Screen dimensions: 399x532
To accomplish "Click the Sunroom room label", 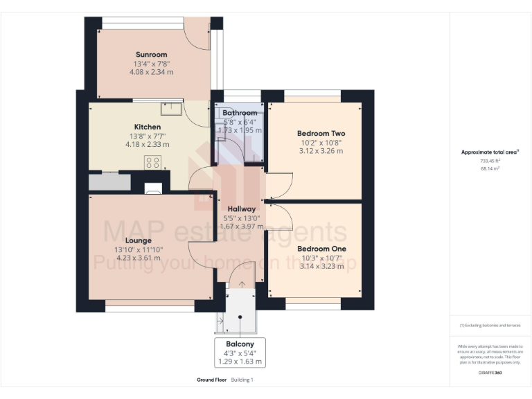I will pyautogui.click(x=151, y=55).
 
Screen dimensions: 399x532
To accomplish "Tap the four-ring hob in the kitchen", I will pyautogui.click(x=152, y=163).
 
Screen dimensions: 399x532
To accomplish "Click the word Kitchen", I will pyautogui.click(x=148, y=127).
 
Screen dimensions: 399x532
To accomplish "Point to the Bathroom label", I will pyautogui.click(x=240, y=113).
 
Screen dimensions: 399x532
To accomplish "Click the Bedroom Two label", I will pyautogui.click(x=321, y=133).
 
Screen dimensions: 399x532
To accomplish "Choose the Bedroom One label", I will pyautogui.click(x=321, y=248).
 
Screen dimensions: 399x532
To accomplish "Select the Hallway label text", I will pyautogui.click(x=241, y=209).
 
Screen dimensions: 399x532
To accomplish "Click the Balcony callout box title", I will pyautogui.click(x=240, y=344).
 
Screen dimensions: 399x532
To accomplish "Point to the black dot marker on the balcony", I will pyautogui.click(x=240, y=317).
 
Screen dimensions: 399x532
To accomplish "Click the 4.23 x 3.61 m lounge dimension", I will pyautogui.click(x=139, y=258).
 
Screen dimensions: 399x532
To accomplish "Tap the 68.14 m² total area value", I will pyautogui.click(x=490, y=167).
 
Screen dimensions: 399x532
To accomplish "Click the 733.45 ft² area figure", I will pyautogui.click(x=490, y=160).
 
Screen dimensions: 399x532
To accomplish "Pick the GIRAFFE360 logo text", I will pyautogui.click(x=490, y=373).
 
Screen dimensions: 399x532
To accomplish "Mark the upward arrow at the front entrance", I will pyautogui.click(x=241, y=284).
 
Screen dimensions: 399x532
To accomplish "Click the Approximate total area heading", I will pyautogui.click(x=489, y=152).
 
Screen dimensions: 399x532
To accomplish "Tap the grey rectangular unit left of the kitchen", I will pyautogui.click(x=109, y=181).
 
